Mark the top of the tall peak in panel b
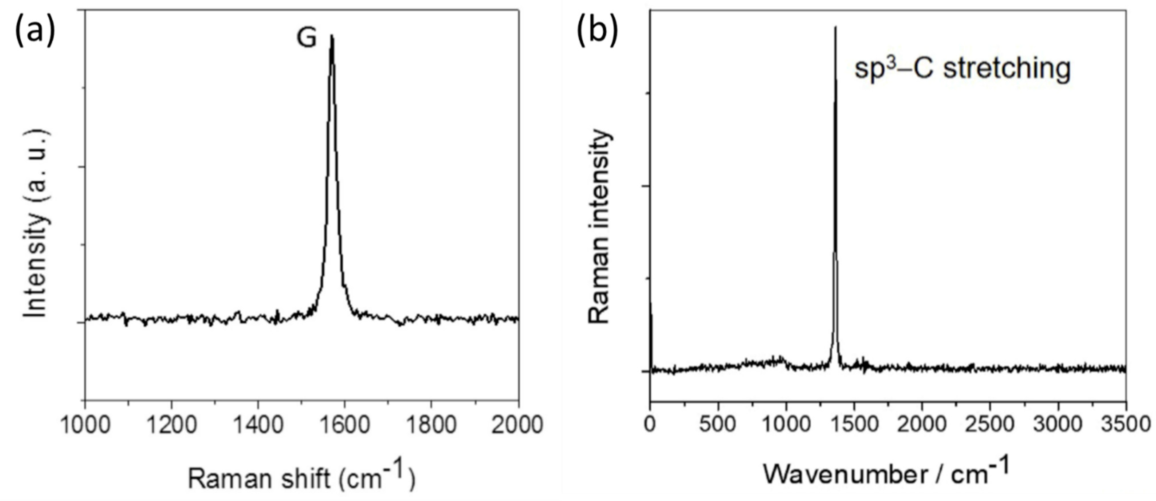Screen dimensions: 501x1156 click(835, 28)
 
